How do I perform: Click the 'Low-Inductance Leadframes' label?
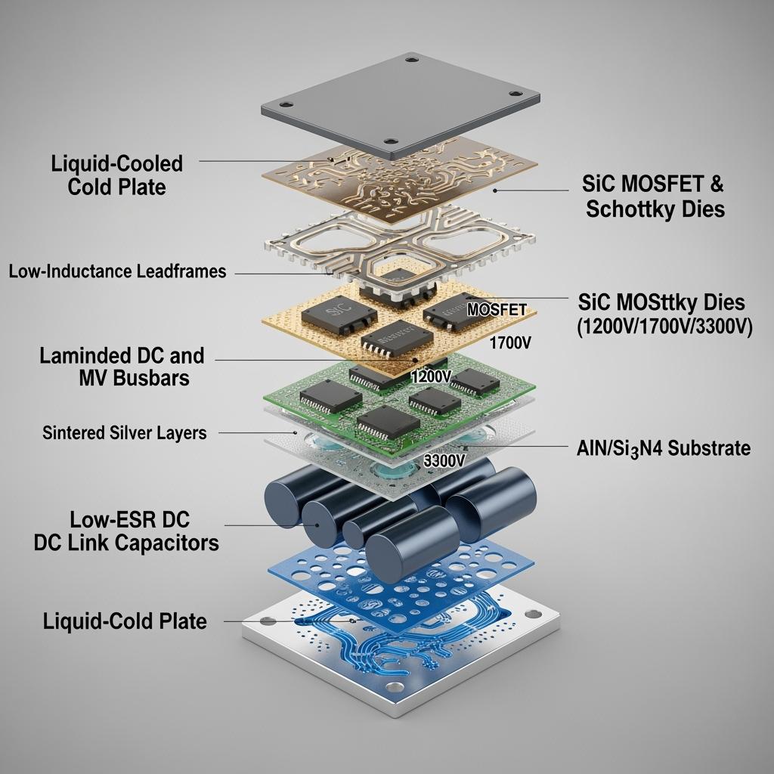117,271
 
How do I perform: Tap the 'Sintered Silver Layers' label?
125,432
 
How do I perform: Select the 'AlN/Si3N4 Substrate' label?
664,448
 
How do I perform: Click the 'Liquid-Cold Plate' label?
125,621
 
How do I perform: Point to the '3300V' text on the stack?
444,461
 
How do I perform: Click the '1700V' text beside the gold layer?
510,342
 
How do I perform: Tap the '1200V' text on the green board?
431,376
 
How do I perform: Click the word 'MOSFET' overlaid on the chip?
497,309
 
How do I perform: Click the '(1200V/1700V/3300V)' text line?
664,327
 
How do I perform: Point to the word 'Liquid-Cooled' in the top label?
117,164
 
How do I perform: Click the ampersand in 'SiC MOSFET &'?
717,184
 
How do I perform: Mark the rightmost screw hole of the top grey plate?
515,93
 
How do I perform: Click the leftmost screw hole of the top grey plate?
286,104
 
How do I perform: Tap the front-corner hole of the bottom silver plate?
395,687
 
